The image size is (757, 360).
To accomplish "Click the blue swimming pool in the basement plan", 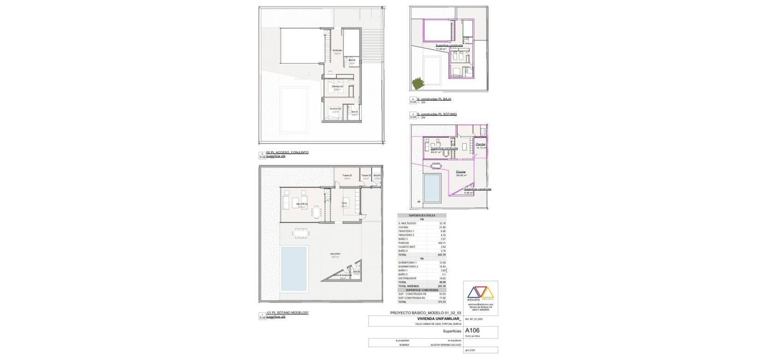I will coord(294,268).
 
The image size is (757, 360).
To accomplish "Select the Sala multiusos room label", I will coord(303,204).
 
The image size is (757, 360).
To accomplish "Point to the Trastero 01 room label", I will coord(347,175).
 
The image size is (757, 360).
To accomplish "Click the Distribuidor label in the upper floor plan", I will coord(337,50).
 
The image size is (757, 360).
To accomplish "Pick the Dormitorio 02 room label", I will coord(337,86).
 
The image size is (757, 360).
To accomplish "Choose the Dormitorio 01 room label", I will coord(335,108).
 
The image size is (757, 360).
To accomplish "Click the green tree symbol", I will coord(417,84).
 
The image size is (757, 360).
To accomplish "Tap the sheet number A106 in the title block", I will coord(472,330).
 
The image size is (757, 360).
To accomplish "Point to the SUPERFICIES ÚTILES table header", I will coord(422,216).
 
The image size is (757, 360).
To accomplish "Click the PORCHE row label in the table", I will coord(404,242).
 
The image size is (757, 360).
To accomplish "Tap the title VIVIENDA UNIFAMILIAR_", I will coord(433,318).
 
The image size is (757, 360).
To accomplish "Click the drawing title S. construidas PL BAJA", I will coord(434,99).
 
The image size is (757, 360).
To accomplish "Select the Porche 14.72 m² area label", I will coord(481,146).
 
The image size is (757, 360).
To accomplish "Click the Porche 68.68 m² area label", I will coord(461,174).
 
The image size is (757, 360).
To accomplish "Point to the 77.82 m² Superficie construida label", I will coord(443,47).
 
